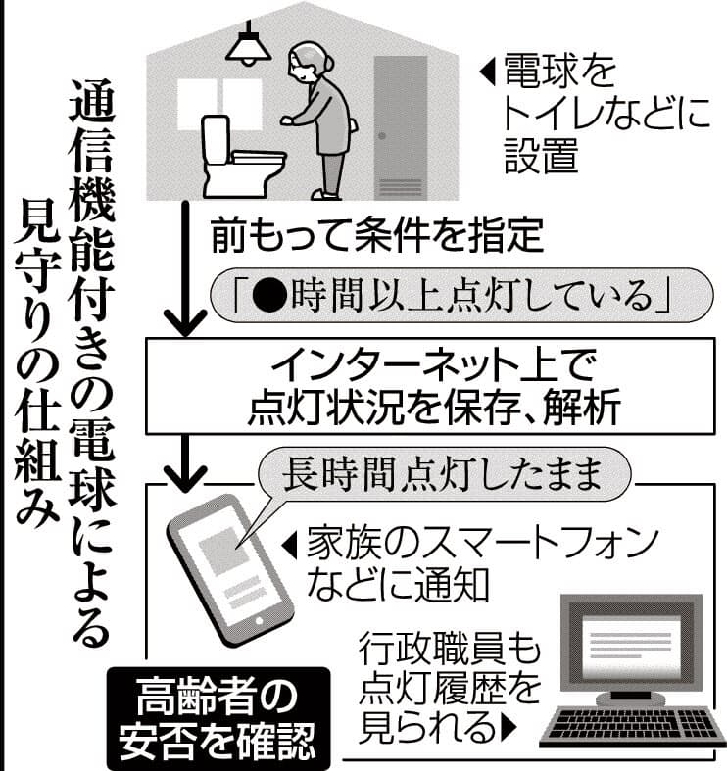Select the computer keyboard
(623, 730)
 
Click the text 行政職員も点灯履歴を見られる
(450, 686)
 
